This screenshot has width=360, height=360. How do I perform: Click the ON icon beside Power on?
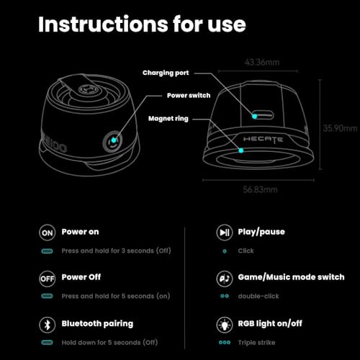[x=48, y=233]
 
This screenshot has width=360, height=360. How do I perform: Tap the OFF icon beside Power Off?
[x=48, y=279]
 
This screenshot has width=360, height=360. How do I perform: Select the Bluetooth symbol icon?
[x=48, y=325]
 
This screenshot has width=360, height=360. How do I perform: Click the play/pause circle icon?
[x=225, y=233]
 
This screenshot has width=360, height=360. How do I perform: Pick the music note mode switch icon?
[x=225, y=279]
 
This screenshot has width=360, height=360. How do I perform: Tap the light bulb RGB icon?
[x=225, y=325]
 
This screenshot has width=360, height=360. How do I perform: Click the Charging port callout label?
[x=166, y=73]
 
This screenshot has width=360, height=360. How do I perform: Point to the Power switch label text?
[x=189, y=96]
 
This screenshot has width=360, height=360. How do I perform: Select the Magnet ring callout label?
[x=168, y=119]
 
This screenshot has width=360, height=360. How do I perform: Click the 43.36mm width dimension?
[x=262, y=63]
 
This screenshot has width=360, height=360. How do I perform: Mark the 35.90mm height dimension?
[x=340, y=128]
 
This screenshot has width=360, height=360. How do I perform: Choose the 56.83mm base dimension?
[x=260, y=189]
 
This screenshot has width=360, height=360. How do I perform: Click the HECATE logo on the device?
[x=263, y=140]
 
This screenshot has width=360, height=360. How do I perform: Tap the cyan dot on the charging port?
[x=255, y=117]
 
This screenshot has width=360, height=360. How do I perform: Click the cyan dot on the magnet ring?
[x=241, y=150]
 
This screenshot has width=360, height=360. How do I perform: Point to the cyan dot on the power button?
[x=114, y=140]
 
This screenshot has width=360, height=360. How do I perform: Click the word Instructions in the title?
[x=104, y=24]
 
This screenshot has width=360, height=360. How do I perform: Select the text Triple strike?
[x=256, y=343]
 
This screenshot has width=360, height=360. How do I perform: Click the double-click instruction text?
[x=258, y=296]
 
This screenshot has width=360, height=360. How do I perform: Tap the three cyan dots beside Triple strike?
[x=225, y=343]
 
